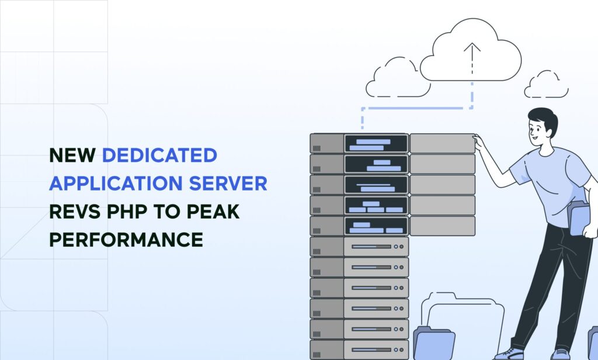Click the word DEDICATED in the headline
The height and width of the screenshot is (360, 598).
point(159,155)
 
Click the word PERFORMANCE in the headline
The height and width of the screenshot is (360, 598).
point(126,240)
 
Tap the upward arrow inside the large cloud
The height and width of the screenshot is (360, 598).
point(471,56)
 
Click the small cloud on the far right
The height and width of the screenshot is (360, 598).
point(546,85)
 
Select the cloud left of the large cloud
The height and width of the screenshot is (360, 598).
point(397,79)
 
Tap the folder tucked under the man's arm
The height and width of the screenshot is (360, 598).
point(579,218)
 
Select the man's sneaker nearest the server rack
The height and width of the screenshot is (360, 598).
point(509,353)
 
